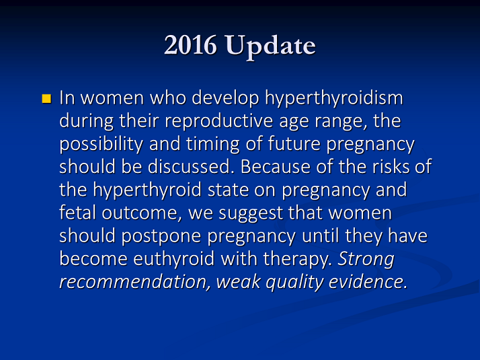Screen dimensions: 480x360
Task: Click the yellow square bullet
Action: tap(46, 99)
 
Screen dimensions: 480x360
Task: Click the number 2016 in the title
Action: tap(190, 45)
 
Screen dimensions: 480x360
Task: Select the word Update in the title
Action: tap(271, 47)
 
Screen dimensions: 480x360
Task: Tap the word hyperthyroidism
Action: tap(333, 99)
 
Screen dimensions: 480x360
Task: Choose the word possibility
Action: tap(101, 144)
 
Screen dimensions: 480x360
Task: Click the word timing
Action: tap(212, 144)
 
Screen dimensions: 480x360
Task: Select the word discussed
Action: tap(191, 167)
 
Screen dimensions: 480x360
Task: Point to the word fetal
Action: tap(78, 213)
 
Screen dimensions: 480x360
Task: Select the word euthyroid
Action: tap(173, 260)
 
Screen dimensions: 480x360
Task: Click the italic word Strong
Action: tap(366, 260)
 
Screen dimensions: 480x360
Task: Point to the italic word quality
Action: tap(294, 283)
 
